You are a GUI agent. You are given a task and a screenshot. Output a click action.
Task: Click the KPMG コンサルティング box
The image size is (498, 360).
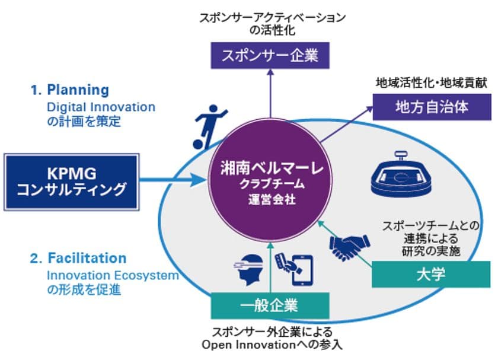pyautogui.click(x=72, y=182)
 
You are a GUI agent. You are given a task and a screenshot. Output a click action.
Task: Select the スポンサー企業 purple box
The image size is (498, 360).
pyautogui.click(x=270, y=56)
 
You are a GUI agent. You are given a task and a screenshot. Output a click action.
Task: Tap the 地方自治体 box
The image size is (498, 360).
pyautogui.click(x=432, y=107)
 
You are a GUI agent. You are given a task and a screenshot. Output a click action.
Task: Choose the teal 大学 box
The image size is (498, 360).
pyautogui.click(x=431, y=275)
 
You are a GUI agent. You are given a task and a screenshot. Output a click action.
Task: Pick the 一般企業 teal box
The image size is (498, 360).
pyautogui.click(x=270, y=305)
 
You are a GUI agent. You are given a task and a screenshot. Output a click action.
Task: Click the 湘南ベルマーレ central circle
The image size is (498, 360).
pyautogui.click(x=270, y=181)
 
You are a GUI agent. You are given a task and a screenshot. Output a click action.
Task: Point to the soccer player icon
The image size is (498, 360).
pyautogui.click(x=209, y=127)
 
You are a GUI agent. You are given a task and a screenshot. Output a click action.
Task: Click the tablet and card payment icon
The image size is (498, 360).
pyautogui.click(x=294, y=269)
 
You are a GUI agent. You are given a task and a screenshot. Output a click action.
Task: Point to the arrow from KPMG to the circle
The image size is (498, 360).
pyautogui.click(x=173, y=180)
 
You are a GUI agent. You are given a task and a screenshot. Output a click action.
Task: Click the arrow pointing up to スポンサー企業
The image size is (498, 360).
pyautogui.click(x=270, y=94)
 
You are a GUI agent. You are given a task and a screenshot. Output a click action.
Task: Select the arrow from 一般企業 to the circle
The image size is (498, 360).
pyautogui.click(x=270, y=267)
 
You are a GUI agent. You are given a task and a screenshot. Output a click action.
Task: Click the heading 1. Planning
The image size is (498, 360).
pyautogui.click(x=70, y=90)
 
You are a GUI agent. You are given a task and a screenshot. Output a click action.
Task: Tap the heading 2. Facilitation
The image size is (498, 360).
pyautogui.click(x=78, y=258)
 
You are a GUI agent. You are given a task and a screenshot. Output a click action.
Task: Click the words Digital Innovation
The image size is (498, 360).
pyautogui.click(x=101, y=107)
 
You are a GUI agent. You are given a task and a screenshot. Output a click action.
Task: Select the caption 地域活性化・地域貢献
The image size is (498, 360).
pyautogui.click(x=432, y=83)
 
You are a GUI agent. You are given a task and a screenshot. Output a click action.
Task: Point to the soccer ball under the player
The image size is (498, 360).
pyautogui.click(x=199, y=144)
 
